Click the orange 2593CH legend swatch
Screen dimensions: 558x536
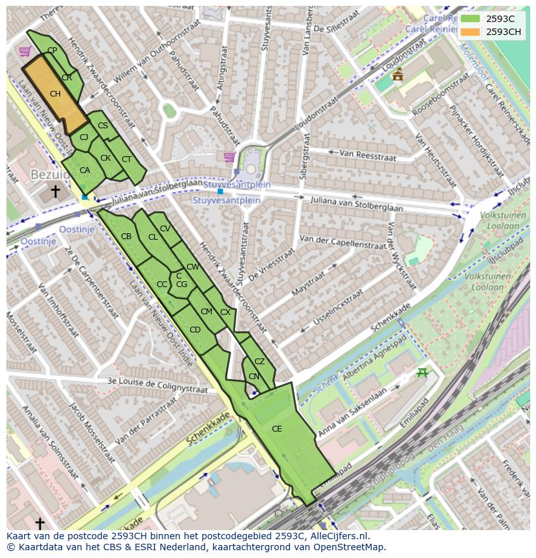pyautogui.click(x=470, y=32)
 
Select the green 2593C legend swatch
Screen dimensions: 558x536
pyautogui.click(x=470, y=19)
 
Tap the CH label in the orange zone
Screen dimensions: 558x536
pyautogui.click(x=55, y=94)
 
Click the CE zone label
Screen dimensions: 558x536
pyautogui.click(x=276, y=429)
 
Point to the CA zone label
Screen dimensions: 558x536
pyautogui.click(x=85, y=170)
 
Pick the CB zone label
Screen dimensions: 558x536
pyautogui.click(x=126, y=237)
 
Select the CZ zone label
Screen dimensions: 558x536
pyautogui.click(x=260, y=362)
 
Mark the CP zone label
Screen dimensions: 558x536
pyautogui.click(x=52, y=51)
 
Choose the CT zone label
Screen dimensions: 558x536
pyautogui.click(x=126, y=159)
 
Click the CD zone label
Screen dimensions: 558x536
pyautogui.click(x=195, y=330)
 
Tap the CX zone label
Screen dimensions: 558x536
pyautogui.click(x=225, y=312)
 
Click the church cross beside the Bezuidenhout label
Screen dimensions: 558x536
pyautogui.click(x=55, y=191)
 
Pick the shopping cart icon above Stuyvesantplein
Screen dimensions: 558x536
pyautogui.click(x=229, y=157)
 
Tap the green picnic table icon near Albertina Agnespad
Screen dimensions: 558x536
pyautogui.click(x=423, y=372)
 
